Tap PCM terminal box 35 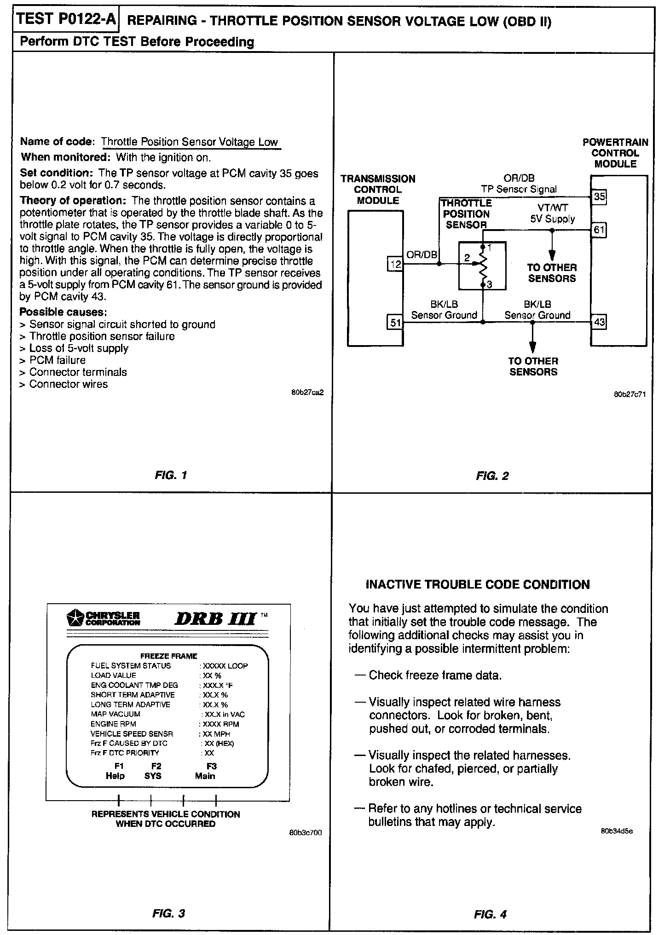[x=599, y=197]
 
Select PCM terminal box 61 [x=599, y=230]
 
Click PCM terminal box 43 [x=599, y=322]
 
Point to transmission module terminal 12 [x=395, y=264]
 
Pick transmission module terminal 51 [x=395, y=323]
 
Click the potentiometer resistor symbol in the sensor [x=483, y=265]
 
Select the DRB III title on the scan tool [x=215, y=618]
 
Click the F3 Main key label [x=205, y=771]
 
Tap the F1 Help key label [x=115, y=771]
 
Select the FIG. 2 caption [x=492, y=476]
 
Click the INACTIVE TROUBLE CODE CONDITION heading [x=477, y=585]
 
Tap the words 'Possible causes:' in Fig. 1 [x=63, y=312]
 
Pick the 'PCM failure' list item [x=57, y=360]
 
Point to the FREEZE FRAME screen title [x=168, y=656]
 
